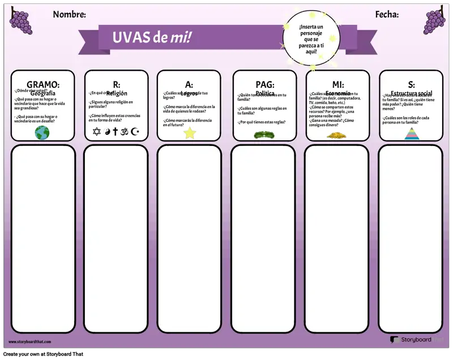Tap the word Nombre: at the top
tap(69, 15)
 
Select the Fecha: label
tap(387, 15)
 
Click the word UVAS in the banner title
tap(131, 37)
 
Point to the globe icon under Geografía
tap(42, 132)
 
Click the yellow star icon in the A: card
tap(189, 133)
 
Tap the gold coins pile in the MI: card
tap(336, 135)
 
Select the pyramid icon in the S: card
tap(411, 134)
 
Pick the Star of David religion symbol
tap(96, 132)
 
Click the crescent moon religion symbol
tap(135, 132)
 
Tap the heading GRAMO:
tap(43, 85)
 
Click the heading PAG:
tap(264, 85)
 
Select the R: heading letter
tap(117, 85)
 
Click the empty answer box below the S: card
tap(411, 239)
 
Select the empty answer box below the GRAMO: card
tap(43, 239)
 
